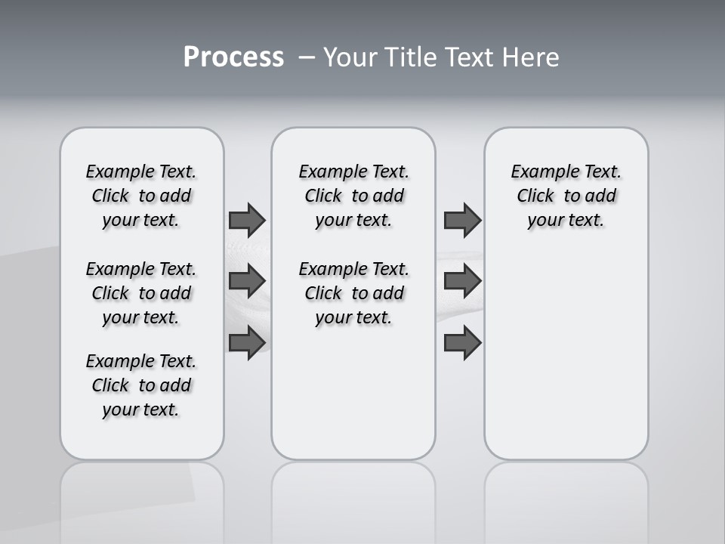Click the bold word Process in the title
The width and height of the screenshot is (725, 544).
click(233, 57)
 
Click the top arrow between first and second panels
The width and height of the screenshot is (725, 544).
click(247, 220)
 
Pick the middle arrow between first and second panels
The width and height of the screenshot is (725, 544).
click(247, 281)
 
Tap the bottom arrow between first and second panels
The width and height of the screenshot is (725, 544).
click(247, 343)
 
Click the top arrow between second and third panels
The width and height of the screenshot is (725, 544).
click(462, 220)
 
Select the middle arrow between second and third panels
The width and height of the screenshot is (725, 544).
click(462, 281)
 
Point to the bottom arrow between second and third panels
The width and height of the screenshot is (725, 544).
click(462, 343)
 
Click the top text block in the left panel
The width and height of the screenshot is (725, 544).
click(141, 196)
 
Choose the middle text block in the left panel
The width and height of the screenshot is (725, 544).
click(141, 293)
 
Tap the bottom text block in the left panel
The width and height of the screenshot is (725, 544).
click(141, 385)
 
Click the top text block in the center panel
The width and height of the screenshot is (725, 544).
click(353, 196)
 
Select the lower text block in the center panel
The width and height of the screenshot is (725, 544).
click(353, 293)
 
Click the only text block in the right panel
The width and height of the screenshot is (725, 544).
click(566, 196)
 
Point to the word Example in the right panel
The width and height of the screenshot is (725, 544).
click(540, 172)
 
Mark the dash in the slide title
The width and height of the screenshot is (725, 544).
click(307, 57)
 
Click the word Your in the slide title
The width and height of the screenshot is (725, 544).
click(351, 57)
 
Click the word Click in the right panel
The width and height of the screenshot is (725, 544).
click(535, 196)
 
